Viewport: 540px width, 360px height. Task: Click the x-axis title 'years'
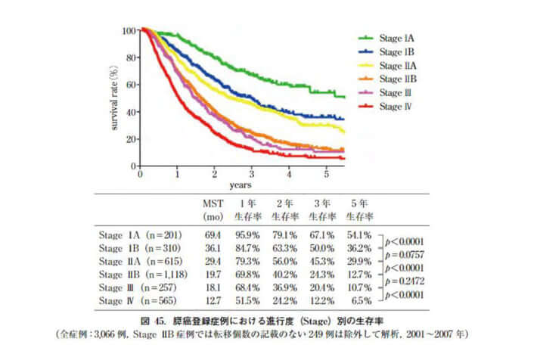click(242, 185)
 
